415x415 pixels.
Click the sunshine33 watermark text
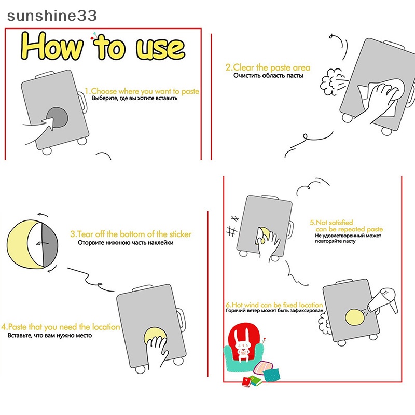pyautogui.click(x=52, y=16)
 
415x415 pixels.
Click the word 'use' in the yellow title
pyautogui.click(x=160, y=48)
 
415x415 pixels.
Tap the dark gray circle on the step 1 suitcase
pyautogui.click(x=58, y=118)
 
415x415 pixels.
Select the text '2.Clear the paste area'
pyautogui.click(x=268, y=67)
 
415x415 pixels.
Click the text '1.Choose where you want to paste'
pyautogui.click(x=142, y=91)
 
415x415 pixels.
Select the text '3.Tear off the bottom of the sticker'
pyautogui.click(x=131, y=234)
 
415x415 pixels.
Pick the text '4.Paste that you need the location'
pyautogui.click(x=61, y=327)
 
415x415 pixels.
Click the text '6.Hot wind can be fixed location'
pyautogui.click(x=274, y=305)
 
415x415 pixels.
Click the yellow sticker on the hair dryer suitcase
pyautogui.click(x=355, y=317)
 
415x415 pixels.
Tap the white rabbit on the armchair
pyautogui.click(x=243, y=345)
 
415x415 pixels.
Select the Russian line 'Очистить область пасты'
pyautogui.click(x=268, y=76)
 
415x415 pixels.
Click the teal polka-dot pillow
pyautogui.click(x=271, y=375)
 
